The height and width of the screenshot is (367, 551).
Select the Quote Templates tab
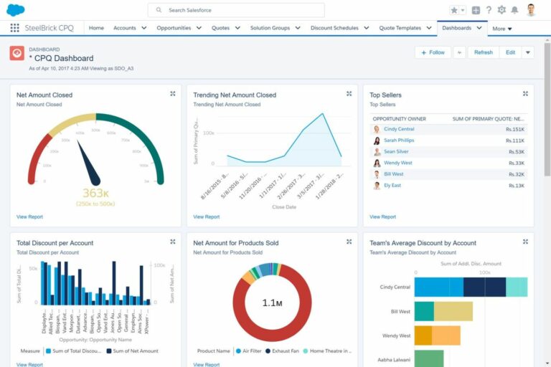400,28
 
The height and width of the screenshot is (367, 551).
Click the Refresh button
483,52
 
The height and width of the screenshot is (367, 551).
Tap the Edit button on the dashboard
510,52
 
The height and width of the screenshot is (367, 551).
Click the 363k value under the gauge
95,193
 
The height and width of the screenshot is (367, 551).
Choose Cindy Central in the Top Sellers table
398,129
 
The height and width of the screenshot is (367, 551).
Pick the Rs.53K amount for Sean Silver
516,152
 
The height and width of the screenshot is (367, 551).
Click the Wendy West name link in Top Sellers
397,163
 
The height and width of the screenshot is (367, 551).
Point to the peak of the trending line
322,113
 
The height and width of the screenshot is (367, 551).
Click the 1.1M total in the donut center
272,303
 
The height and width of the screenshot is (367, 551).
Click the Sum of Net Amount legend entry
133,351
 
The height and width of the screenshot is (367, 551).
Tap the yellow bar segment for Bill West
453,311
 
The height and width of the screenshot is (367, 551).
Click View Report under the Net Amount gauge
29,216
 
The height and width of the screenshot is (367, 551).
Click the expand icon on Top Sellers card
525,94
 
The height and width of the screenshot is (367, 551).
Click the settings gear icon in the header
501,10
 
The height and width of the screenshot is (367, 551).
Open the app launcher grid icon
14,28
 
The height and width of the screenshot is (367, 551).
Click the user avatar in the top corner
531,10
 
